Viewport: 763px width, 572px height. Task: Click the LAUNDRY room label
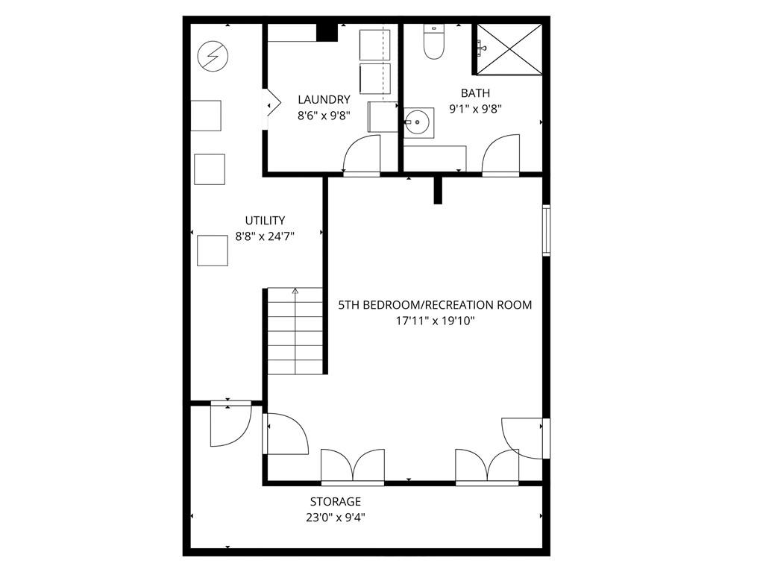[x=324, y=99]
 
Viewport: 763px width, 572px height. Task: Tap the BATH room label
[x=475, y=93]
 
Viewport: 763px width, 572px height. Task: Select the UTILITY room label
[x=265, y=220]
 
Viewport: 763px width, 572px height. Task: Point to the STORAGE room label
[x=336, y=502]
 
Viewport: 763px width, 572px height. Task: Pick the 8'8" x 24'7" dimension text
[x=265, y=236]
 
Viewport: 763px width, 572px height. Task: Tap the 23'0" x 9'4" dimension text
[x=336, y=517]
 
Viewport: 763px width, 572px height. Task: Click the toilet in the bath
[x=433, y=42]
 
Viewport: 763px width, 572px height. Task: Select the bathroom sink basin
[x=418, y=120]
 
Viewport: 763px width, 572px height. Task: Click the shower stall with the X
[x=509, y=48]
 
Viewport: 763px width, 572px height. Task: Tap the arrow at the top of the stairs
[x=295, y=292]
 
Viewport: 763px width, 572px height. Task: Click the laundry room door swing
[x=359, y=155]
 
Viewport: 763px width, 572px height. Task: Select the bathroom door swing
[x=500, y=154]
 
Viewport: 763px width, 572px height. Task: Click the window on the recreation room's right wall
[x=547, y=231]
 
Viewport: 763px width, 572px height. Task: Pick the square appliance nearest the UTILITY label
[x=213, y=250]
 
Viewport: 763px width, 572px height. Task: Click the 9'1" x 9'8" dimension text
[x=475, y=108]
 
